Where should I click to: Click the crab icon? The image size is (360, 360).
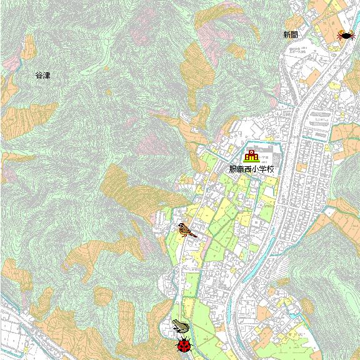344,36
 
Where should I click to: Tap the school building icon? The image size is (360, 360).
251,156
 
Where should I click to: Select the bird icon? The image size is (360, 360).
186,230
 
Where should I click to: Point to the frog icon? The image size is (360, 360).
181,326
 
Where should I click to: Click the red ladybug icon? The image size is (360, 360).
183,345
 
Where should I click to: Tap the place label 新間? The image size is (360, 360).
291,35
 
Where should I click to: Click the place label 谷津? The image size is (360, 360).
42,76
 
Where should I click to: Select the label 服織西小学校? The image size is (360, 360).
251,169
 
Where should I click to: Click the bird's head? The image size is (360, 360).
181,226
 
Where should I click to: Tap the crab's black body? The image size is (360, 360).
344,35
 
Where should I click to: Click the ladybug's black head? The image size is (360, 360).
183,340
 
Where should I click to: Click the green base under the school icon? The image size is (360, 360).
251,161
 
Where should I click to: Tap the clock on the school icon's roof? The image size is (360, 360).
252,151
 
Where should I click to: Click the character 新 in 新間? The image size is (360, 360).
287,35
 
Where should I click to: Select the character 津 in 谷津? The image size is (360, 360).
46,76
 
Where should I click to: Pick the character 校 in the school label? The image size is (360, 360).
270,169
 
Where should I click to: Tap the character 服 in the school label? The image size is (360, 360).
232,169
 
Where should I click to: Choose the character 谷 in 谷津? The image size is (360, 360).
39,76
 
